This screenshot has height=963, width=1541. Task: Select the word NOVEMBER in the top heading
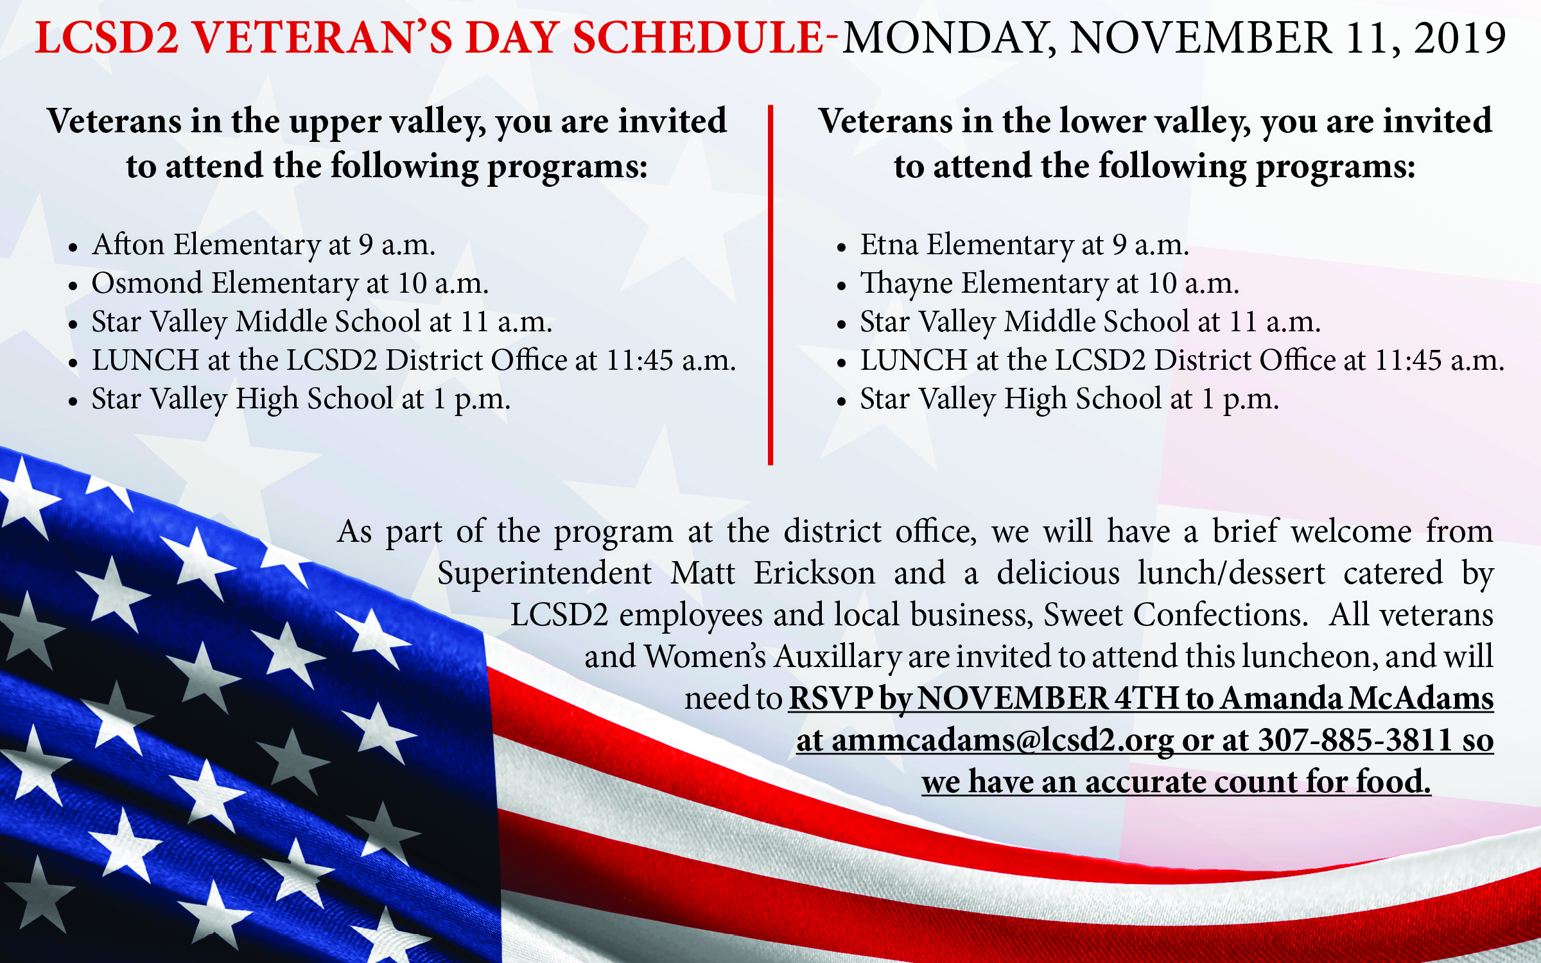click(x=1200, y=38)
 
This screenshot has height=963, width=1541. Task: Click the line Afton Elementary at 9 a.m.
click(x=264, y=245)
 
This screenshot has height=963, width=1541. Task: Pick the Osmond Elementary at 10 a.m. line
click(x=290, y=283)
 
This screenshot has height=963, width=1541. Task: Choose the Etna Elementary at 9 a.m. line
click(x=1025, y=245)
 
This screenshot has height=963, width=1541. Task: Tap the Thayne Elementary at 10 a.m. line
click(x=1050, y=283)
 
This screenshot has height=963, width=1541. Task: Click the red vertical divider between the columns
click(x=770, y=284)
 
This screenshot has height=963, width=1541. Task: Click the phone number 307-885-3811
click(x=1355, y=740)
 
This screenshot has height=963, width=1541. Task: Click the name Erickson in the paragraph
click(x=814, y=573)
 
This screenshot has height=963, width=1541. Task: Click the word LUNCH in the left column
click(x=145, y=360)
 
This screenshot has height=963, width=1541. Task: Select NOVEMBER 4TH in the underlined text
click(x=1048, y=698)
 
